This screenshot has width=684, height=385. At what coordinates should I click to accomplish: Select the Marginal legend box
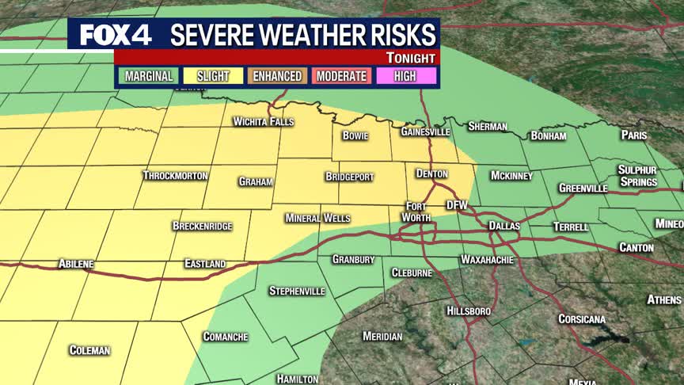coord(148,76)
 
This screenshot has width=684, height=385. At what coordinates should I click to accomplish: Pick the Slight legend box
coord(213,76)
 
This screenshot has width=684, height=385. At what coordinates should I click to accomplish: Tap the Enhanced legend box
coord(278,76)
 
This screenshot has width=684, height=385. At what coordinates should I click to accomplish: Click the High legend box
coord(405,76)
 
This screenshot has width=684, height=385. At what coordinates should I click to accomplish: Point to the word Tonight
coord(411,58)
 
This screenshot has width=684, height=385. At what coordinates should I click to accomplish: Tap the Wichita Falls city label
coord(263,122)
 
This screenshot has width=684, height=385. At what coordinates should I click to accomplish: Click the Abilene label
coord(76,263)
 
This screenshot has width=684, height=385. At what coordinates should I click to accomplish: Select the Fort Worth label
coord(416,212)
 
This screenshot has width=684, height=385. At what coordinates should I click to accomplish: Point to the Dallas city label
coord(504,226)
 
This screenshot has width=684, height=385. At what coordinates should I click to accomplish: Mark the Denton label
coord(432,173)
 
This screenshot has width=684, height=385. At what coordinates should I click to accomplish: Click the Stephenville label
coord(297,291)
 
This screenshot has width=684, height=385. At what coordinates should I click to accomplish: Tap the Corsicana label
coord(582,319)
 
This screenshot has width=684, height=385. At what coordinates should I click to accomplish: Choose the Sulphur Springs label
coord(637,176)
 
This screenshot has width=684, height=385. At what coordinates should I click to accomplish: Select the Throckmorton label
coord(176,175)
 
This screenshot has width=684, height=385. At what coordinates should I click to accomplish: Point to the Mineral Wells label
coord(313,218)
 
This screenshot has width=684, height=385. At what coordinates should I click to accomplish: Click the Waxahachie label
coord(488,260)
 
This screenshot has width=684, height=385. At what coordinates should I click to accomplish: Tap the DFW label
coord(458,205)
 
